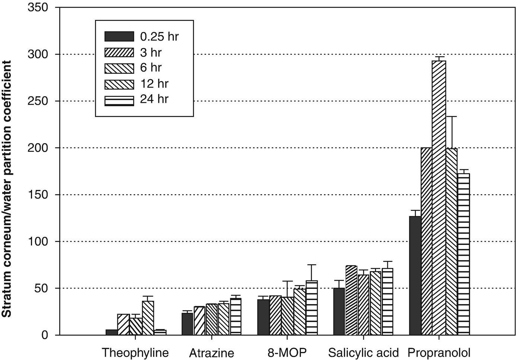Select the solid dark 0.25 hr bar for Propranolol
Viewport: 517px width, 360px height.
pyautogui.click(x=415, y=275)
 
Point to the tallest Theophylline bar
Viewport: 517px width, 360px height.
pyautogui.click(x=148, y=318)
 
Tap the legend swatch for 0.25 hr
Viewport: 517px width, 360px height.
pyautogui.click(x=119, y=36)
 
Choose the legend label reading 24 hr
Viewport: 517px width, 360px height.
pyautogui.click(x=154, y=99)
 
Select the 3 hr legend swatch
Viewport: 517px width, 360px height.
pyautogui.click(x=119, y=52)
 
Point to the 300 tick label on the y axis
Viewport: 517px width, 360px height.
pyautogui.click(x=38, y=54)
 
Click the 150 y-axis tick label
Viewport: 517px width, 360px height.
pyautogui.click(x=38, y=195)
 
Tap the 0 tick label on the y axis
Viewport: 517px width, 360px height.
pyautogui.click(x=45, y=335)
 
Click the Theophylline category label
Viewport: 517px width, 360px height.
pyautogui.click(x=135, y=353)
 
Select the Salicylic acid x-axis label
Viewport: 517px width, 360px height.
pyautogui.click(x=363, y=353)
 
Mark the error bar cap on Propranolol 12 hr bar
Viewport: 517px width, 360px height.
pyautogui.click(x=451, y=117)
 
